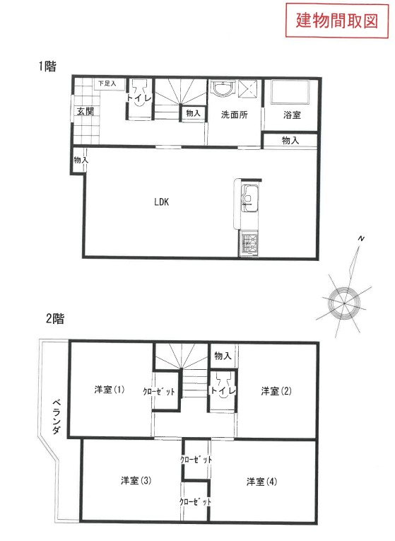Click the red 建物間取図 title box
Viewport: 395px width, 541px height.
click(x=337, y=21)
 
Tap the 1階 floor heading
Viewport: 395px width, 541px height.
click(x=47, y=66)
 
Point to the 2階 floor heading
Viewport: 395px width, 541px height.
click(x=55, y=318)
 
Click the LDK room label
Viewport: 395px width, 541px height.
click(x=161, y=202)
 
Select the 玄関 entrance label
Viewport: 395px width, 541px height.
click(x=85, y=111)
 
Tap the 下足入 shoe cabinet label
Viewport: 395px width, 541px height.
click(x=107, y=83)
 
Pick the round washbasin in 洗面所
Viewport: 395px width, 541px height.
click(x=223, y=88)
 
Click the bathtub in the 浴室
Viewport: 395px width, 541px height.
click(x=290, y=92)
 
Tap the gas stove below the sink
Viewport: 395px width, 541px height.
click(x=249, y=243)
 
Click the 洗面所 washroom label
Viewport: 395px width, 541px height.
click(x=235, y=115)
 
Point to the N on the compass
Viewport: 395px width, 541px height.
click(x=361, y=238)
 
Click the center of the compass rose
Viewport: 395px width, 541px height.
click(x=344, y=303)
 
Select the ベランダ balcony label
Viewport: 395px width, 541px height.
click(x=57, y=417)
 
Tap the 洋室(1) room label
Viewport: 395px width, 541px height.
click(x=110, y=390)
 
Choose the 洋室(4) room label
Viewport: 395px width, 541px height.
click(x=261, y=482)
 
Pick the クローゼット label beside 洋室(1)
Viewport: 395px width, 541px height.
click(x=159, y=391)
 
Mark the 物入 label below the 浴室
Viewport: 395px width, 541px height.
click(x=290, y=140)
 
